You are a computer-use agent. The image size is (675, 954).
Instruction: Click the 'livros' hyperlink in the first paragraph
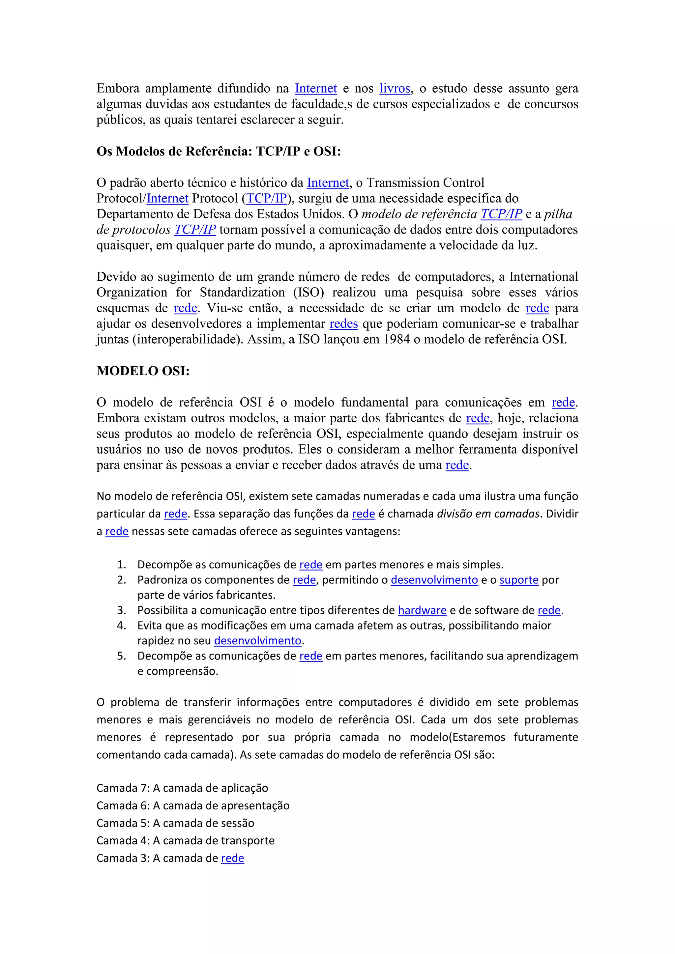[395, 89]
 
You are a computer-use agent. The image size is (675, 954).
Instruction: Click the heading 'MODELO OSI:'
[143, 371]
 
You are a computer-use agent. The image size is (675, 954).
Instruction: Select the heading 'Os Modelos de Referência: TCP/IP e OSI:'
[219, 151]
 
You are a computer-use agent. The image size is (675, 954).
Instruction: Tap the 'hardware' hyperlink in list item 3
[422, 610]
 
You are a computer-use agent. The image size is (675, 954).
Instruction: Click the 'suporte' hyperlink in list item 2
[519, 580]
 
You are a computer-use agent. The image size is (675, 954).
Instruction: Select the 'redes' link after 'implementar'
[343, 324]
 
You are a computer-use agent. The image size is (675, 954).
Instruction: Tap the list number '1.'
[121, 565]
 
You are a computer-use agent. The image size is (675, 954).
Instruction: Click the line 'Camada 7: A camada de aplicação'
[182, 788]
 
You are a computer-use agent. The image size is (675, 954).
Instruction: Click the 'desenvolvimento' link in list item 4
[257, 641]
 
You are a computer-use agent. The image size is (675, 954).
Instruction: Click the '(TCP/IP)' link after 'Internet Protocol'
[266, 199]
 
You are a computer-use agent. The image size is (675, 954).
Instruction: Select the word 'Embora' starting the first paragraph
[118, 89]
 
